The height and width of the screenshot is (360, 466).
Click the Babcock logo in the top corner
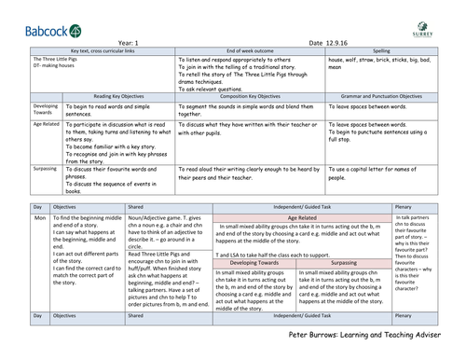coord(34,17)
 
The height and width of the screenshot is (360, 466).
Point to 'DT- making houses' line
coord(34,64)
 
